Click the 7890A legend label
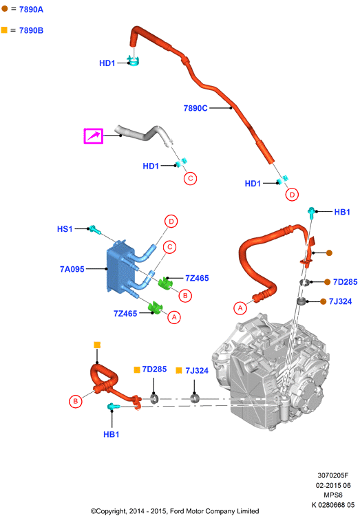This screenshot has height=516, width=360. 31,10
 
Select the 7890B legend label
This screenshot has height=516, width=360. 31,30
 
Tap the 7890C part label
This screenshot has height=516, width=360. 195,108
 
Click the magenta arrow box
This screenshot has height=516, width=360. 94,136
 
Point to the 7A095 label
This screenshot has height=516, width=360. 72,269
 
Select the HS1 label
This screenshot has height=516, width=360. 65,229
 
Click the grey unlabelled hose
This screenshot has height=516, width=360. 145,135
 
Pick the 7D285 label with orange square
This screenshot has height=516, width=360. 154,369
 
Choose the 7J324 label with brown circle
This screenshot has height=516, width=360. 340,301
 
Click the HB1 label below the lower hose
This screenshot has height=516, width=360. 112,434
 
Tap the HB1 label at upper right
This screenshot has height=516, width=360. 342,212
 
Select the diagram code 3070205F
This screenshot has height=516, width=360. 333,475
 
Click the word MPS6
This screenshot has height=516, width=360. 333,495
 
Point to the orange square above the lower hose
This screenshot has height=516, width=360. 97,345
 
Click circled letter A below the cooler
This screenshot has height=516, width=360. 174,317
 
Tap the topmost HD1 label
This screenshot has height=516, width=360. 107,63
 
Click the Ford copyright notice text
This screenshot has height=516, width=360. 175,511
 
